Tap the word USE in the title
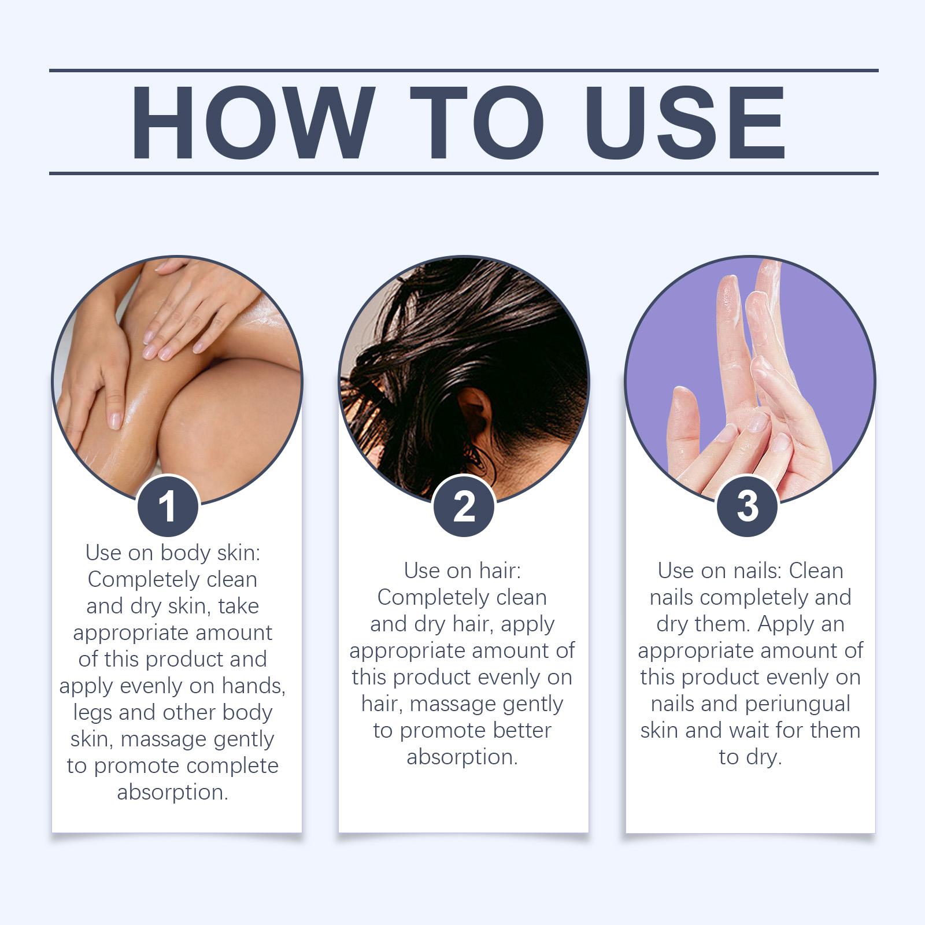coord(685,123)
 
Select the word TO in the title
coord(477,123)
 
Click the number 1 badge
coord(168,506)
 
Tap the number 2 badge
coord(464,506)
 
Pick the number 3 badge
coord(747,506)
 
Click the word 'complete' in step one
coord(232,766)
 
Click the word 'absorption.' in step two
coord(462,757)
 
